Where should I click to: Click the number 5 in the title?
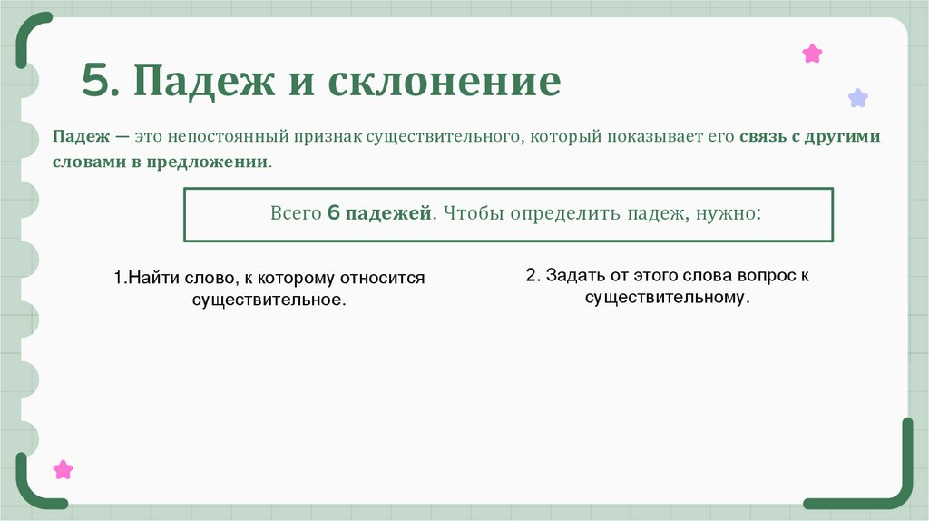coord(96,82)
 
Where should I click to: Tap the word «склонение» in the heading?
coord(445,82)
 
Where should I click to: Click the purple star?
coord(857,98)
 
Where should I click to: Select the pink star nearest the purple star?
coord(812,54)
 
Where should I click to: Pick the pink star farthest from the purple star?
coord(63,469)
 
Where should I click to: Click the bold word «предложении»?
coord(218,162)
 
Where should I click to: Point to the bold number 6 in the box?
coord(332,215)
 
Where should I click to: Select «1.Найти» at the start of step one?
coord(142,278)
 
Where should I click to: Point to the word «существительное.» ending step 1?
coord(269,299)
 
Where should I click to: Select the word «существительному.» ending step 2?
coord(669,298)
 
